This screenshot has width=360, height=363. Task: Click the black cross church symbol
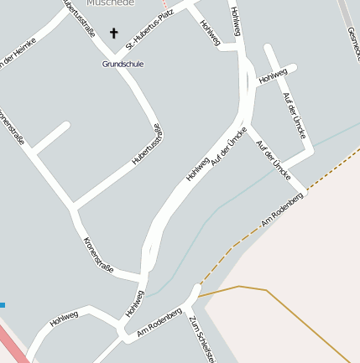click(114, 34)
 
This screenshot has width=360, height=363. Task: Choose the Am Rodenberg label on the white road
click(159, 324)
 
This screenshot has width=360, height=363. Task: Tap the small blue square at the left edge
click(3, 305)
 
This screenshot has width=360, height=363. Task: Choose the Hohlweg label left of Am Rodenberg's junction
click(64, 317)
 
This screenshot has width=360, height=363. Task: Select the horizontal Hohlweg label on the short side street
click(273, 77)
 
